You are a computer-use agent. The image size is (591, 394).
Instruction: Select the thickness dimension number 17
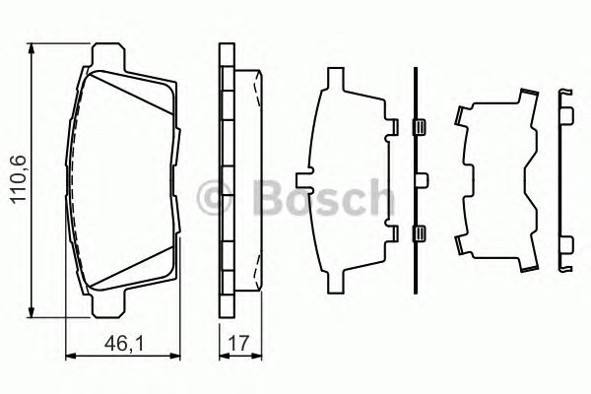[x=237, y=344]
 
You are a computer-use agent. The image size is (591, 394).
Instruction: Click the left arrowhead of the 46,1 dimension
[x=70, y=356]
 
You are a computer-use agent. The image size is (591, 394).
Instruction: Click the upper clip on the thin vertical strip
[x=417, y=125]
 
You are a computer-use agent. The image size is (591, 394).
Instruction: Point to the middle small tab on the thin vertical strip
[x=424, y=178]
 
